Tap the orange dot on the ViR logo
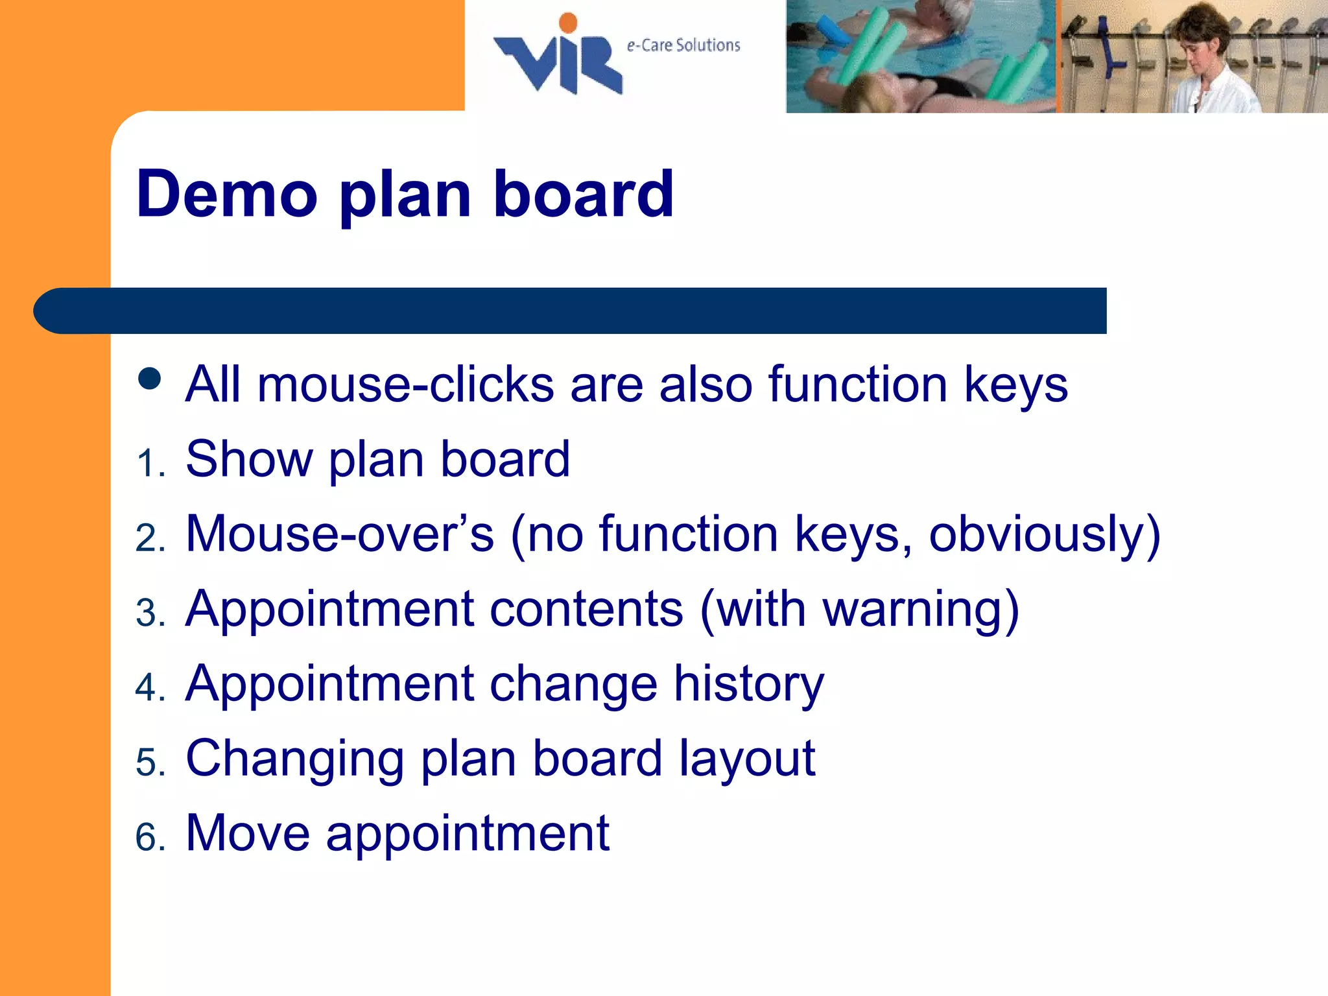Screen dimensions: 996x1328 pos(568,23)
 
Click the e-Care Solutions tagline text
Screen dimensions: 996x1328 pos(683,45)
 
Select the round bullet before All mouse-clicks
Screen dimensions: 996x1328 pos(150,379)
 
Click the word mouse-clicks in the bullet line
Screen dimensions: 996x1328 pos(405,385)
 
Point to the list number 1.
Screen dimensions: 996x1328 pos(150,464)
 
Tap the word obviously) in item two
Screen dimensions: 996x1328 pos(1044,534)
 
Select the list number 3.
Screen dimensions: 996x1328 pos(150,613)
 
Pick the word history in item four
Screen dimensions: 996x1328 pos(748,684)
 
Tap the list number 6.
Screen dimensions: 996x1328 pos(150,836)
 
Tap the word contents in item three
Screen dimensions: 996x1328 pos(586,610)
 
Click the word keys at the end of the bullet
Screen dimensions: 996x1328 pos(1015,385)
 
